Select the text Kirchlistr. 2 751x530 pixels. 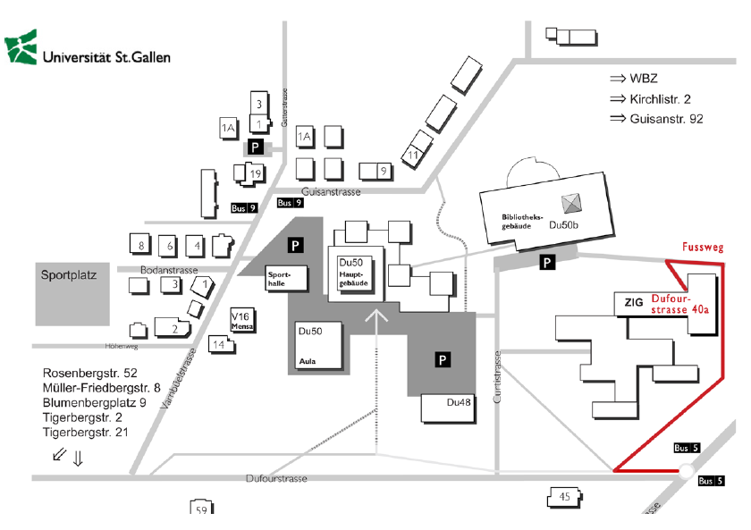(667, 98)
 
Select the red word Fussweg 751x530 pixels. (702, 248)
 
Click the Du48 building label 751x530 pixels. (459, 402)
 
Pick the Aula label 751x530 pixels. (307, 362)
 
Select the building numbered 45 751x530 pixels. (564, 497)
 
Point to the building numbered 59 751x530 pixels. (201, 510)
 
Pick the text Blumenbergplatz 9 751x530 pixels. (94, 402)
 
